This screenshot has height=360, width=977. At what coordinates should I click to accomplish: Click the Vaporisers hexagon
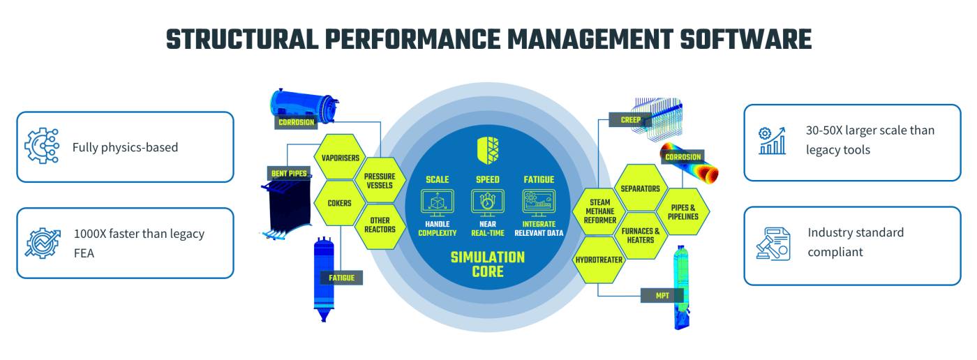tap(340, 157)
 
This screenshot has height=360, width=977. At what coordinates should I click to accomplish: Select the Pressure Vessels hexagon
tap(380, 181)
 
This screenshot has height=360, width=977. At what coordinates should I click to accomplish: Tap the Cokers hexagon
tap(340, 204)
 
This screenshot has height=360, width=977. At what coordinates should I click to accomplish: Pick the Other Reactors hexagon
tap(380, 225)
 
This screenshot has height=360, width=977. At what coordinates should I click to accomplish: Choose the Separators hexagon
tap(640, 188)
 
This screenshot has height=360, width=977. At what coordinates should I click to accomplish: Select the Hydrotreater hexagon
tap(599, 260)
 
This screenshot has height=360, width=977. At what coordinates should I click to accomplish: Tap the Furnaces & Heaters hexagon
tap(640, 235)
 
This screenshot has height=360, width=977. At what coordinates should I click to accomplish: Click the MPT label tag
tap(662, 295)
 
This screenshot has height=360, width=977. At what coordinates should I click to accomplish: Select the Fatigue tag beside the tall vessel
tap(342, 278)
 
